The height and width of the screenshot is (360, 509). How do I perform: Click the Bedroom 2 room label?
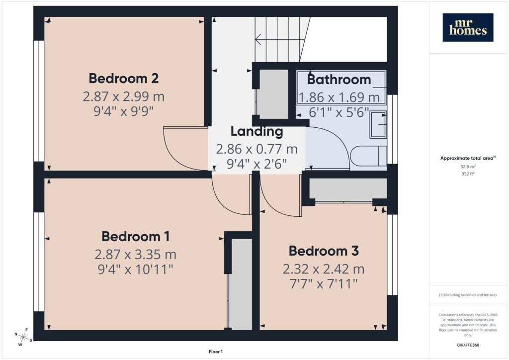click(x=124, y=79)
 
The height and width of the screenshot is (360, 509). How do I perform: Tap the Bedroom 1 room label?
click(x=136, y=236)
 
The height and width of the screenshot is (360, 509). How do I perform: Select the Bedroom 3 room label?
click(x=324, y=251)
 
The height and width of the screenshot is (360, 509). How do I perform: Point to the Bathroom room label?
click(x=339, y=80)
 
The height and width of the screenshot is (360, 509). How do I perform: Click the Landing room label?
click(x=257, y=131)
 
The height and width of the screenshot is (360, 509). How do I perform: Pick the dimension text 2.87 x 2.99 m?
click(x=124, y=96)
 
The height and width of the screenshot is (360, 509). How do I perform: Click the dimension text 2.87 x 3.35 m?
click(x=136, y=254)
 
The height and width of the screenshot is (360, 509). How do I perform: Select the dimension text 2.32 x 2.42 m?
click(x=324, y=269)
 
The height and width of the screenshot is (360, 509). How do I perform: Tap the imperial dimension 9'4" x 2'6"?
click(x=257, y=164)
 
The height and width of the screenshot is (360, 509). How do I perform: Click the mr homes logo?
click(x=468, y=27)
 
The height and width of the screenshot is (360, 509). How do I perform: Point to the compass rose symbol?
click(x=23, y=337)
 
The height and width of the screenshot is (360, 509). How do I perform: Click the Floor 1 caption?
click(x=216, y=352)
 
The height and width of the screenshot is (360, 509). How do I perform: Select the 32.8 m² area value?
click(x=468, y=167)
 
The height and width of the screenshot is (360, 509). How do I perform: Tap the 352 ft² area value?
click(x=468, y=174)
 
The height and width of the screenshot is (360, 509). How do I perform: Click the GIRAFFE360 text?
click(x=468, y=345)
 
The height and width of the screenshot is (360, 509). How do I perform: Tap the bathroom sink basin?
click(x=378, y=124)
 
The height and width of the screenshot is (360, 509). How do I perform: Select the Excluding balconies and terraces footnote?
click(x=468, y=295)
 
